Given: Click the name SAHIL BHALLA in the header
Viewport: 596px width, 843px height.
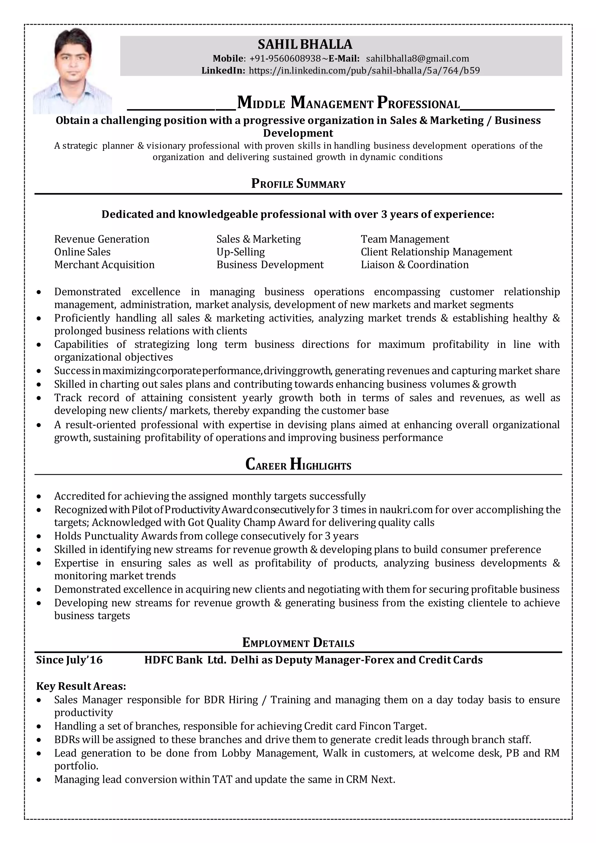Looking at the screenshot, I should coord(305,45).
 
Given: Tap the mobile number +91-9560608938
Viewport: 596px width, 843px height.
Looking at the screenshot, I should coord(285,59).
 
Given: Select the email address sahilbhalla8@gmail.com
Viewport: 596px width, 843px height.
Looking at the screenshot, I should coord(417,59).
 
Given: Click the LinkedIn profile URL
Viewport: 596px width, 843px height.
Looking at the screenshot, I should coord(364,70).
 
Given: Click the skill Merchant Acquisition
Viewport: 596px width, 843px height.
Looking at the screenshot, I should coord(104,265).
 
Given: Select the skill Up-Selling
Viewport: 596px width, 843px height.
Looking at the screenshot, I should coord(240,252).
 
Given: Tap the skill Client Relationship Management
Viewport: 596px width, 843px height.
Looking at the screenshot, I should coord(436,252).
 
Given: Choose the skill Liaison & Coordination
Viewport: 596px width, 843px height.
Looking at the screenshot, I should coord(414,265).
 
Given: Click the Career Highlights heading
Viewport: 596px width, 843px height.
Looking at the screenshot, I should coord(298,465).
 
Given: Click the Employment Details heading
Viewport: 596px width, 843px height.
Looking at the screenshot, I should coord(298,642).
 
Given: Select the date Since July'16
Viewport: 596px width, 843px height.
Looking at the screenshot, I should coord(69,660).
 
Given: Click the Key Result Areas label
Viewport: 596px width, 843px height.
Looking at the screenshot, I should coord(81,686).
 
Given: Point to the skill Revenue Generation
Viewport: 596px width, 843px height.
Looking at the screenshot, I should coord(102,239).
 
